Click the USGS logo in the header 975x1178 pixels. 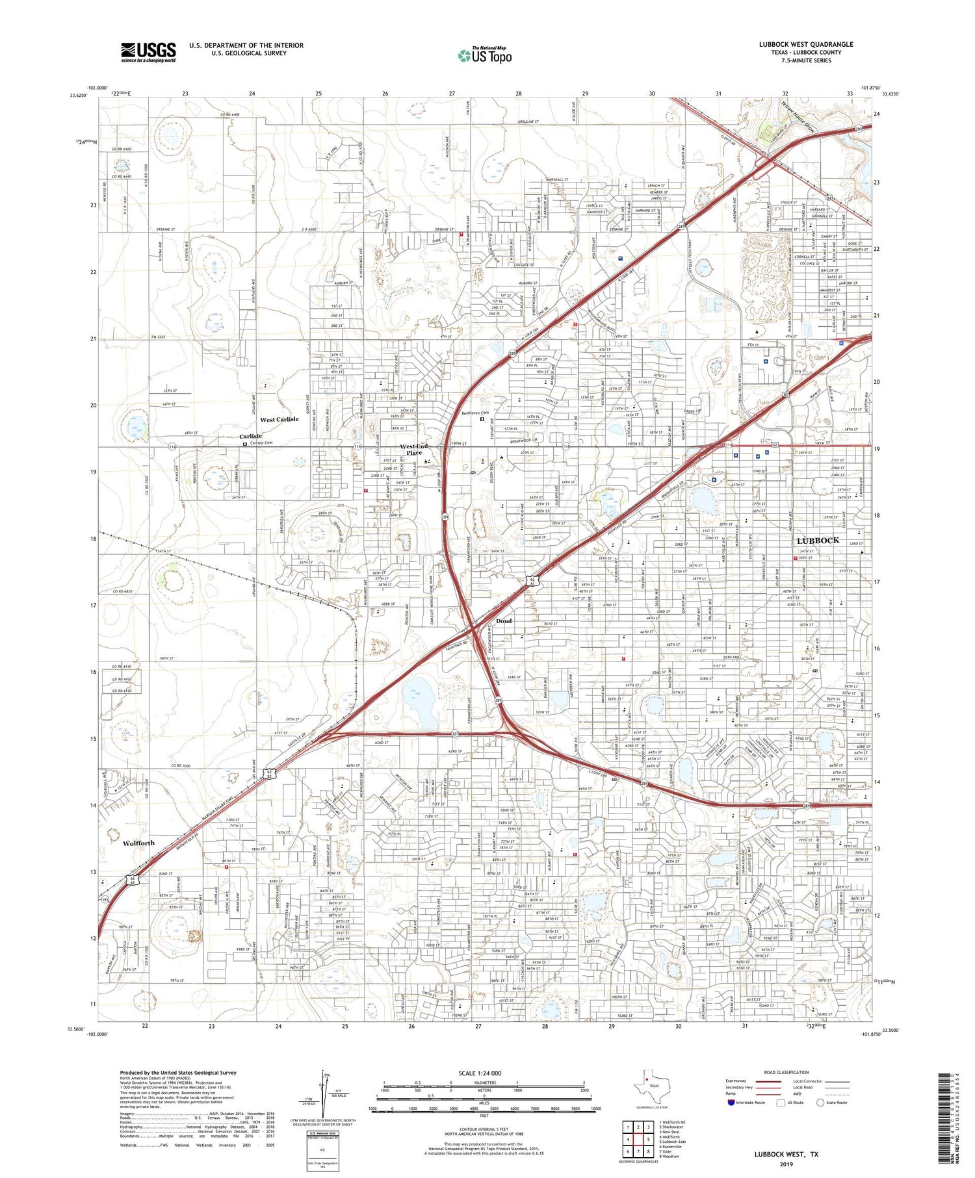click(x=148, y=52)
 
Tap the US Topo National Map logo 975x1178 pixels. click(x=484, y=55)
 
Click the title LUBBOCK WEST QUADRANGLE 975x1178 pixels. click(x=805, y=44)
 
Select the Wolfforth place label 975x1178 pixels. click(x=138, y=843)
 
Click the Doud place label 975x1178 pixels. click(x=504, y=621)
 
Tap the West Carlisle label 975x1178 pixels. click(x=279, y=420)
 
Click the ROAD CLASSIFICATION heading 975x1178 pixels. click(x=786, y=1073)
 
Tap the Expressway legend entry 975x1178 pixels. click(x=738, y=1081)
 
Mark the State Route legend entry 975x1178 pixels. click(x=837, y=1103)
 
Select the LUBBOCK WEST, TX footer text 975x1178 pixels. click(x=786, y=1155)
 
